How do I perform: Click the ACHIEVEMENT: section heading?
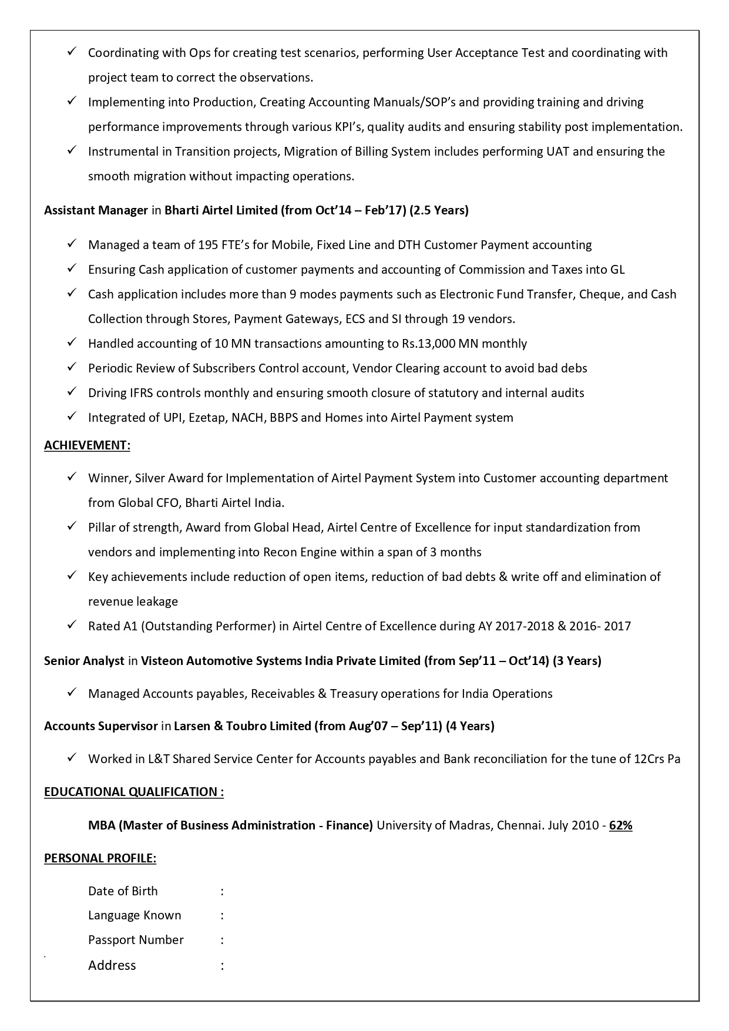click(87, 445)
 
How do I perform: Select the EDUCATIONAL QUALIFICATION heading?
click(133, 792)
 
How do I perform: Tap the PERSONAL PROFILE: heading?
click(100, 858)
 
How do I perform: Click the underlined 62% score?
click(620, 825)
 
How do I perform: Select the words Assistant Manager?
click(96, 210)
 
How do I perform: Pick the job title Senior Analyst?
click(84, 661)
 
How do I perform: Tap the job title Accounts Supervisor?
click(100, 726)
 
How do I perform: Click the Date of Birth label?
click(123, 891)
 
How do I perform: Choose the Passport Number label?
click(136, 940)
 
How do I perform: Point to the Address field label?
click(112, 965)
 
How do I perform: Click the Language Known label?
click(135, 915)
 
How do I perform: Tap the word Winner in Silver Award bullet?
click(108, 478)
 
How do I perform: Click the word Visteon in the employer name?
click(161, 661)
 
